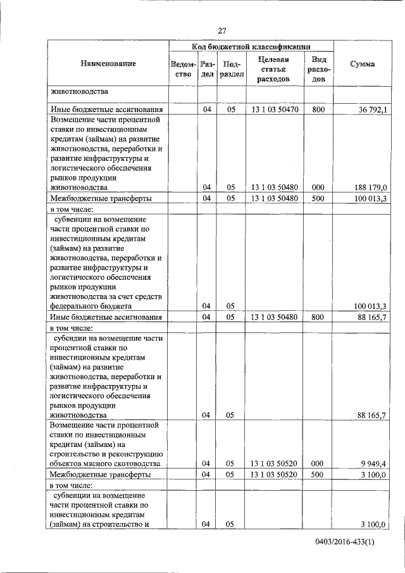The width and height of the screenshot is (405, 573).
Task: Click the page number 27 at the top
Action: pos(222,30)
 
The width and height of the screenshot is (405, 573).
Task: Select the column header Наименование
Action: pos(108,64)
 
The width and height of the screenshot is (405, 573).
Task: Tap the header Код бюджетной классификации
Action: pos(251,47)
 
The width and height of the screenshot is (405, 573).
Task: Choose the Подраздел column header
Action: pos(231,69)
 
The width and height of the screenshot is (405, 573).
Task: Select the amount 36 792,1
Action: pos(373,110)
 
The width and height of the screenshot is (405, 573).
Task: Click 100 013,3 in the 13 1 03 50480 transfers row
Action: pos(371,198)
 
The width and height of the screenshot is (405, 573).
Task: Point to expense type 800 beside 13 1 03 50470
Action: pos(318,110)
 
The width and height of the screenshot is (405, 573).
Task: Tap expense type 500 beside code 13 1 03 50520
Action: pos(318,474)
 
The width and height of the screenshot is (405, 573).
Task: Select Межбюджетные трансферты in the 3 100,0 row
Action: pos(100,474)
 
